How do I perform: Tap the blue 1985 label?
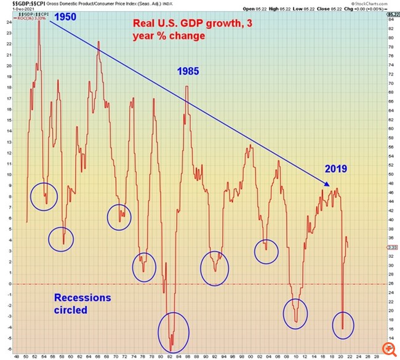[188, 71]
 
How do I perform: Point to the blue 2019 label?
[336, 169]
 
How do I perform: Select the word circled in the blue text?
[70, 310]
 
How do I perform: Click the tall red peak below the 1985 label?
[186, 87]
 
